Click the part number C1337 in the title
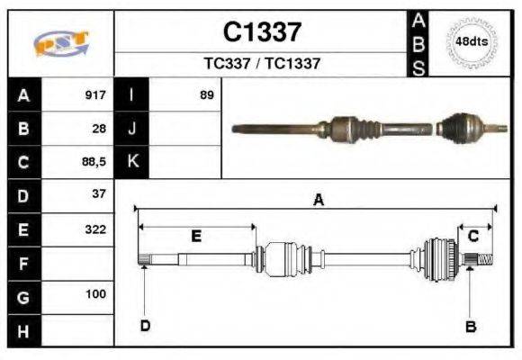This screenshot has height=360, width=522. tap(262, 32)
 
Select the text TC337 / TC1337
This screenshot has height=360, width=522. tap(262, 64)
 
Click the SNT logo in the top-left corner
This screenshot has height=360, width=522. tap(60, 43)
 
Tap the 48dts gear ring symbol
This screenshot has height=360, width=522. tap(472, 41)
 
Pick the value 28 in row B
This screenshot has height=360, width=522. tap(99, 129)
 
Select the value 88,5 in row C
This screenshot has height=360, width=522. tap(94, 162)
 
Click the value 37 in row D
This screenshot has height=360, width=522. tap(99, 194)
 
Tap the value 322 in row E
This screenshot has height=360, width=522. tap(95, 229)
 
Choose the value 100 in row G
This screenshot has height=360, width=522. tap(95, 294)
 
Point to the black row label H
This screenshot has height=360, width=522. tap(22, 330)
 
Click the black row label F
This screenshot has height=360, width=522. tap(22, 263)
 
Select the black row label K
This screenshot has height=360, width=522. tap(132, 162)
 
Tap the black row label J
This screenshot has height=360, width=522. tap(132, 129)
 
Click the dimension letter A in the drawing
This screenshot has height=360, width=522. tap(317, 201)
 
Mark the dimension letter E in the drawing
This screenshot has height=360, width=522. tap(196, 236)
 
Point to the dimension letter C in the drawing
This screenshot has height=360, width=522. tap(472, 236)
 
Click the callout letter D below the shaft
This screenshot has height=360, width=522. tap(144, 325)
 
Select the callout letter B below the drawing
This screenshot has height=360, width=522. tap(470, 327)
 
